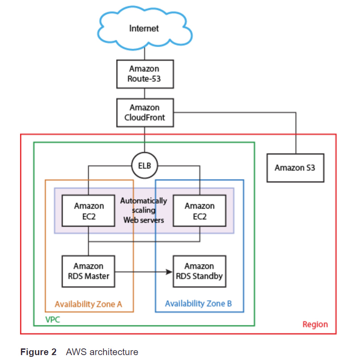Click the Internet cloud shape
(x=144, y=29)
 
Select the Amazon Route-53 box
(x=144, y=74)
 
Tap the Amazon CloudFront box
(x=144, y=113)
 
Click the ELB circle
(x=144, y=166)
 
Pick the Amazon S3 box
(x=295, y=168)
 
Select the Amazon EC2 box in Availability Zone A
(x=89, y=211)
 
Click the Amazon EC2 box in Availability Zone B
(x=199, y=211)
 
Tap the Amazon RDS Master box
(x=88, y=271)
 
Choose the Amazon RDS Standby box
(x=199, y=271)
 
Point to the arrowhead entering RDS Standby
(x=170, y=271)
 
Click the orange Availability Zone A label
(x=88, y=304)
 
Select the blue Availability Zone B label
(x=198, y=304)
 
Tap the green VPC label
(x=53, y=320)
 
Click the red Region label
(x=315, y=324)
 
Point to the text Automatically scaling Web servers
(x=144, y=211)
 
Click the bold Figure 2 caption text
(x=38, y=352)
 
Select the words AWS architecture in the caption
(x=102, y=352)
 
